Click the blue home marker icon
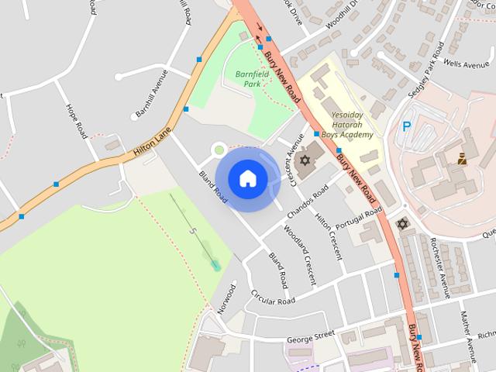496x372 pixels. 247,179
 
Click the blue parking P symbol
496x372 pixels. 406,126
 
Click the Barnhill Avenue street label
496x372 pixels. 151,94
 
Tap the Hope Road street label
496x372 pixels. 77,121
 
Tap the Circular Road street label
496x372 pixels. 274,297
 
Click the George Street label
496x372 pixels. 310,336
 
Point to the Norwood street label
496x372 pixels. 226,298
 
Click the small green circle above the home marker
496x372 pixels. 219,149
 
